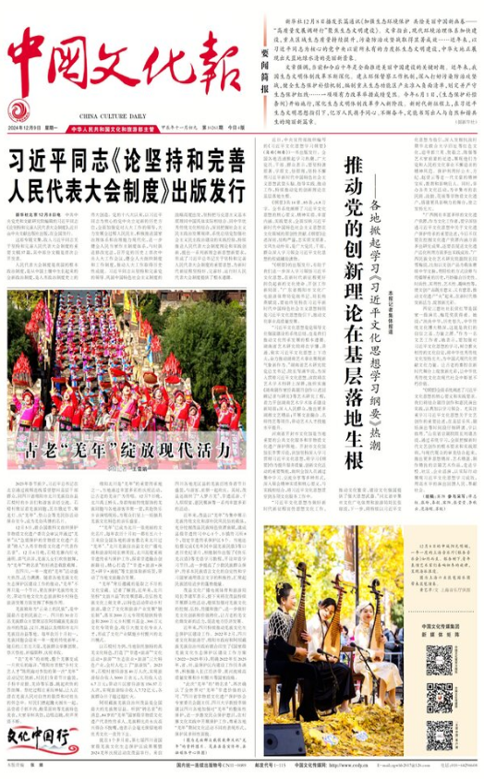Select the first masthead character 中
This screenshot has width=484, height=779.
(x=36, y=55)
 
